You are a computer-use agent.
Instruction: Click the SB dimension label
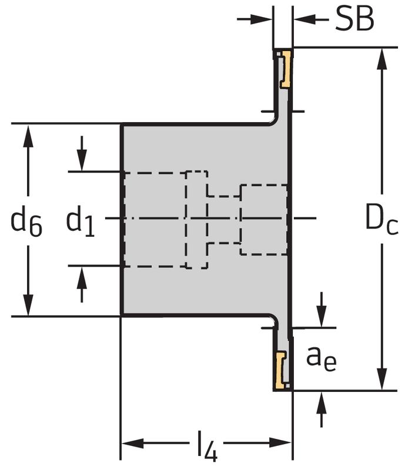354,20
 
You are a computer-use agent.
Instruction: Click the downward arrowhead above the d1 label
82,161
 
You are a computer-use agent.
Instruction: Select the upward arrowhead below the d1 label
82,276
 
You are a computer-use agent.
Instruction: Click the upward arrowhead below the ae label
321,401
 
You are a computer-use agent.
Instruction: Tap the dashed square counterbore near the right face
263,219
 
